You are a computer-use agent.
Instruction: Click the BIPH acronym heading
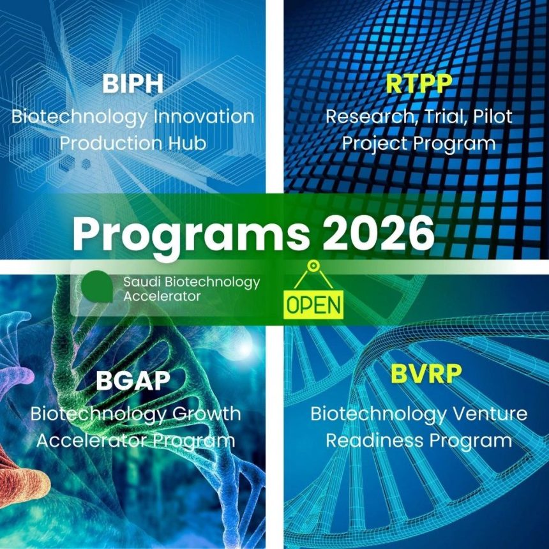[x=133, y=84]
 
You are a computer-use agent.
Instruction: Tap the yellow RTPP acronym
[x=419, y=84]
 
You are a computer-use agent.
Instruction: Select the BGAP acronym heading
[x=133, y=380]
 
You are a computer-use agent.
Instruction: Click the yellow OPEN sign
[x=313, y=304]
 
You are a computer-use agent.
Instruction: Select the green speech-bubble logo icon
[x=98, y=287]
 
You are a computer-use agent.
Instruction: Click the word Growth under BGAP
[x=207, y=413]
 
